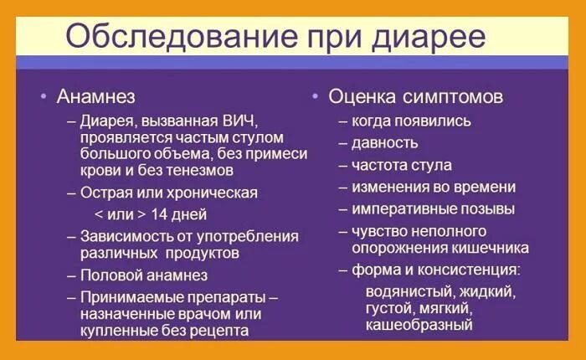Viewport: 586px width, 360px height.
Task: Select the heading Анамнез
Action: click(x=95, y=97)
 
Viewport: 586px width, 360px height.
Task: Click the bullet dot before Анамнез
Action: click(x=43, y=97)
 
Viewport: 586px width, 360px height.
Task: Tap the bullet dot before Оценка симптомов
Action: click(x=315, y=97)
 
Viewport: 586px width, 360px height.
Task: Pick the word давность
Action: click(x=384, y=143)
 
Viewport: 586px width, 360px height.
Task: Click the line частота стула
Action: click(x=402, y=165)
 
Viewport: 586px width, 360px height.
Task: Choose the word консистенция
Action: click(x=471, y=270)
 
